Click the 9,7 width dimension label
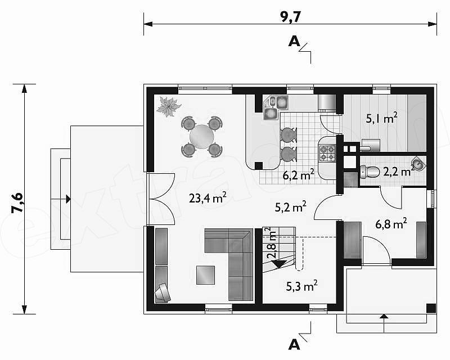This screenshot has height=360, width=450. (290, 17)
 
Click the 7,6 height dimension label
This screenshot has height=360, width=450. (17, 202)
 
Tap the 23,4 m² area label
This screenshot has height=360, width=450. (208, 197)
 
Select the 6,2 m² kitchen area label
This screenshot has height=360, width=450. (298, 175)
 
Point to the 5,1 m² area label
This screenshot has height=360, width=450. (381, 118)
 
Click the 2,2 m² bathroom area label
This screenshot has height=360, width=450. (399, 172)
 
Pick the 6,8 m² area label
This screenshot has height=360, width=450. (391, 224)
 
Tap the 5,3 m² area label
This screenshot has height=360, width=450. (301, 286)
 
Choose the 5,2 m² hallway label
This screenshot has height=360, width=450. (290, 206)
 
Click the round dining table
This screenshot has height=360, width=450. (201, 137)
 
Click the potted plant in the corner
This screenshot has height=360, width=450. (168, 107)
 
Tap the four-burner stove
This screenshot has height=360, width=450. (328, 153)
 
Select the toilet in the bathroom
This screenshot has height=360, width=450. (370, 172)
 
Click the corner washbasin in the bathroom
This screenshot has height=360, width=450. (418, 164)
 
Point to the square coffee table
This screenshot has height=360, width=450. (205, 275)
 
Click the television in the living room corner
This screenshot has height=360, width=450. (163, 293)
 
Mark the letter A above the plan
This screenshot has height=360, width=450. (294, 42)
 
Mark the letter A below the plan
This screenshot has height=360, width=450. (294, 344)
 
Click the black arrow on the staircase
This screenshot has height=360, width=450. (278, 264)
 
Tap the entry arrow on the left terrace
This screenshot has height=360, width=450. (68, 199)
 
